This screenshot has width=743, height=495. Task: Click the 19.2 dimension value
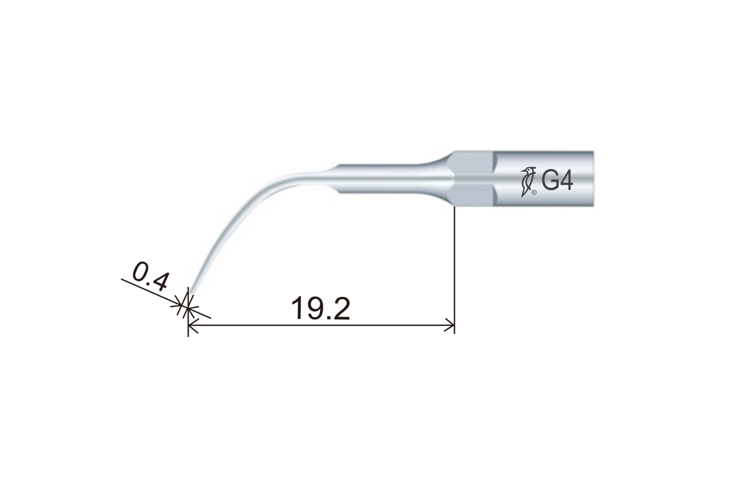click(321, 309)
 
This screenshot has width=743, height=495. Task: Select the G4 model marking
click(557, 181)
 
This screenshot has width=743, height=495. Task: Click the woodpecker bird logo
click(526, 181)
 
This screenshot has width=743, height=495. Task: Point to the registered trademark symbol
click(534, 192)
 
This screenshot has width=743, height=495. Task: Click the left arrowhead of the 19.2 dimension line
click(192, 326)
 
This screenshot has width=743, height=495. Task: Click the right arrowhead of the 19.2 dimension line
click(450, 326)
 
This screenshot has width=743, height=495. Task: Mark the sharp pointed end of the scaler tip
click(189, 294)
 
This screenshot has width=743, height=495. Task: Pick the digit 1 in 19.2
click(298, 309)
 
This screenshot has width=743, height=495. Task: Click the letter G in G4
click(550, 181)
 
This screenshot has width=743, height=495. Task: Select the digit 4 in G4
click(566, 181)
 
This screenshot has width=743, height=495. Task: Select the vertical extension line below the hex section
click(454, 263)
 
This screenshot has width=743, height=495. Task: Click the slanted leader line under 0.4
click(153, 292)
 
